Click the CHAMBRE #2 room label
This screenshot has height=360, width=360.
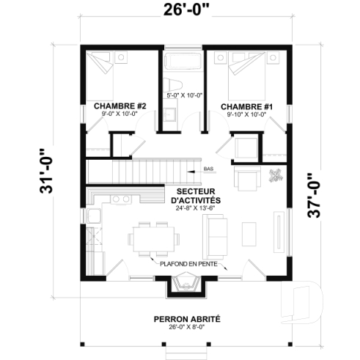[x=121, y=106]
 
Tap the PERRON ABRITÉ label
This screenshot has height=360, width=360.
[x=185, y=319]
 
